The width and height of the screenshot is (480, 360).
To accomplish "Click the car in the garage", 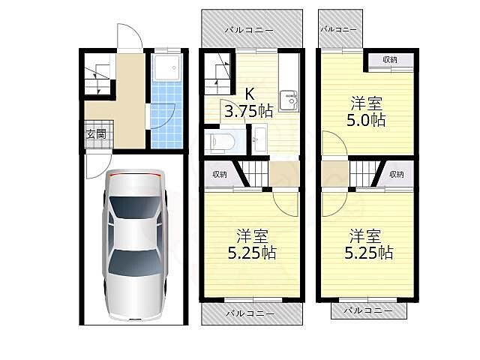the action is [x=135, y=245].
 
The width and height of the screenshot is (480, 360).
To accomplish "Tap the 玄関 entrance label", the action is [x=96, y=134].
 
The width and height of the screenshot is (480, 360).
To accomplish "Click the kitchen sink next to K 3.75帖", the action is [x=288, y=101].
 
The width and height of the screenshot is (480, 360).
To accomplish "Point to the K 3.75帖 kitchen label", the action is [x=248, y=103].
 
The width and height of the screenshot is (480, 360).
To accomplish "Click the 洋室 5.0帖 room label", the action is [x=366, y=112].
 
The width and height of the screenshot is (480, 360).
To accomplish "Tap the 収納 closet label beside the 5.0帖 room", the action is [x=390, y=60].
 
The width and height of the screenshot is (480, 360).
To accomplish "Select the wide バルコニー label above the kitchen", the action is [x=249, y=30].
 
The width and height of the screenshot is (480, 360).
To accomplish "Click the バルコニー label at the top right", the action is [x=338, y=29].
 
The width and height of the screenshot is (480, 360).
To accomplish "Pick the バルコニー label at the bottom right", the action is [x=368, y=310].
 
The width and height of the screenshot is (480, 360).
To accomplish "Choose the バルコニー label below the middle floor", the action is [x=250, y=313].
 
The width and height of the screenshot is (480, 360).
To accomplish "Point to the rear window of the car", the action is [x=135, y=262].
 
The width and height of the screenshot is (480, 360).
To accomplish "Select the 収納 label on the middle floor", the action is [x=220, y=175].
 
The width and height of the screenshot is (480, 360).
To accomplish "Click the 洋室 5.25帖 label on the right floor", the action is [x=368, y=244].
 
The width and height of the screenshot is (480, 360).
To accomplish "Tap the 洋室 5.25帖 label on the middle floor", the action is [x=252, y=244].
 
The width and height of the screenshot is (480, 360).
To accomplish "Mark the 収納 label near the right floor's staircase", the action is [x=397, y=175].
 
